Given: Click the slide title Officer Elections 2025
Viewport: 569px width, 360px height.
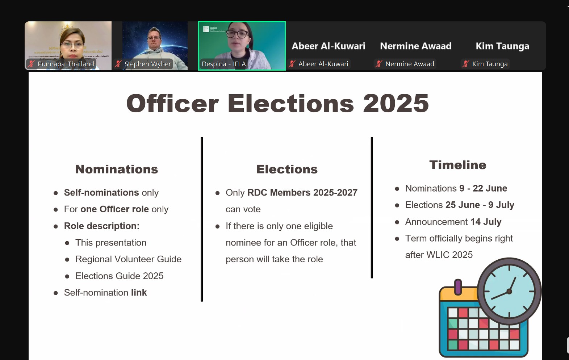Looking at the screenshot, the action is (x=277, y=104).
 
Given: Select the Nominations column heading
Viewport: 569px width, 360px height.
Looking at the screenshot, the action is (x=117, y=169).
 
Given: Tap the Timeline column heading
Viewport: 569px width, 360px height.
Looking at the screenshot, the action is (x=458, y=165).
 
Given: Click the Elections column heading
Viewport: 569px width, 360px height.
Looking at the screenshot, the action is (x=287, y=169).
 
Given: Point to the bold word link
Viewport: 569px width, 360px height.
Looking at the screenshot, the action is (x=139, y=292).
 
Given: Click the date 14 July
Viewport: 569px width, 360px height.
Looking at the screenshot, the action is (x=486, y=222).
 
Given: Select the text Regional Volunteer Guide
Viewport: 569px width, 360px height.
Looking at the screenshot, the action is (x=128, y=259).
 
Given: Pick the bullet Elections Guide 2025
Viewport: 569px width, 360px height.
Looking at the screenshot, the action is (x=120, y=276).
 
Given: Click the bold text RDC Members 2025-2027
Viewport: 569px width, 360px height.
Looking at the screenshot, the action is (x=302, y=193).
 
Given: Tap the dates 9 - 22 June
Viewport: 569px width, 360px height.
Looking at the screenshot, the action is (x=483, y=188).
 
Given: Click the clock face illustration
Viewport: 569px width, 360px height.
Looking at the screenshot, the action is (x=509, y=292).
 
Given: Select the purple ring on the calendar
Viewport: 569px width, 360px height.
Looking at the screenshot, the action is (x=458, y=287).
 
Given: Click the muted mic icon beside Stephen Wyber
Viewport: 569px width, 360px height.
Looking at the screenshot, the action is (x=118, y=64).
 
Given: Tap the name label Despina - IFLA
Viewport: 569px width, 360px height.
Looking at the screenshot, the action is (x=224, y=64).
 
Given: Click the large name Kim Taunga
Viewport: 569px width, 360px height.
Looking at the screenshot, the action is (x=502, y=46).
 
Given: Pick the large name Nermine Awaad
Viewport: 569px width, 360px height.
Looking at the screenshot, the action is (x=415, y=46).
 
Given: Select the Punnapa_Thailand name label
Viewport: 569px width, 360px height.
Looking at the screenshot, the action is (x=66, y=64).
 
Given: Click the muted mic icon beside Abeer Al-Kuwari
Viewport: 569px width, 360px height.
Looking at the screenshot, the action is (x=292, y=64).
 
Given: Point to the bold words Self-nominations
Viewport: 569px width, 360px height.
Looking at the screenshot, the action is (x=101, y=193).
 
